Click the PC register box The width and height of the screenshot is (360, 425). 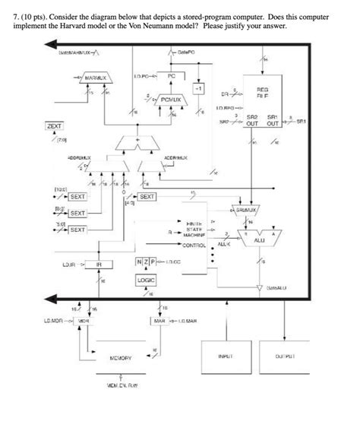coord(171,78)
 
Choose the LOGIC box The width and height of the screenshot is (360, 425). coord(146,280)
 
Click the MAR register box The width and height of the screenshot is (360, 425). coord(159,322)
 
